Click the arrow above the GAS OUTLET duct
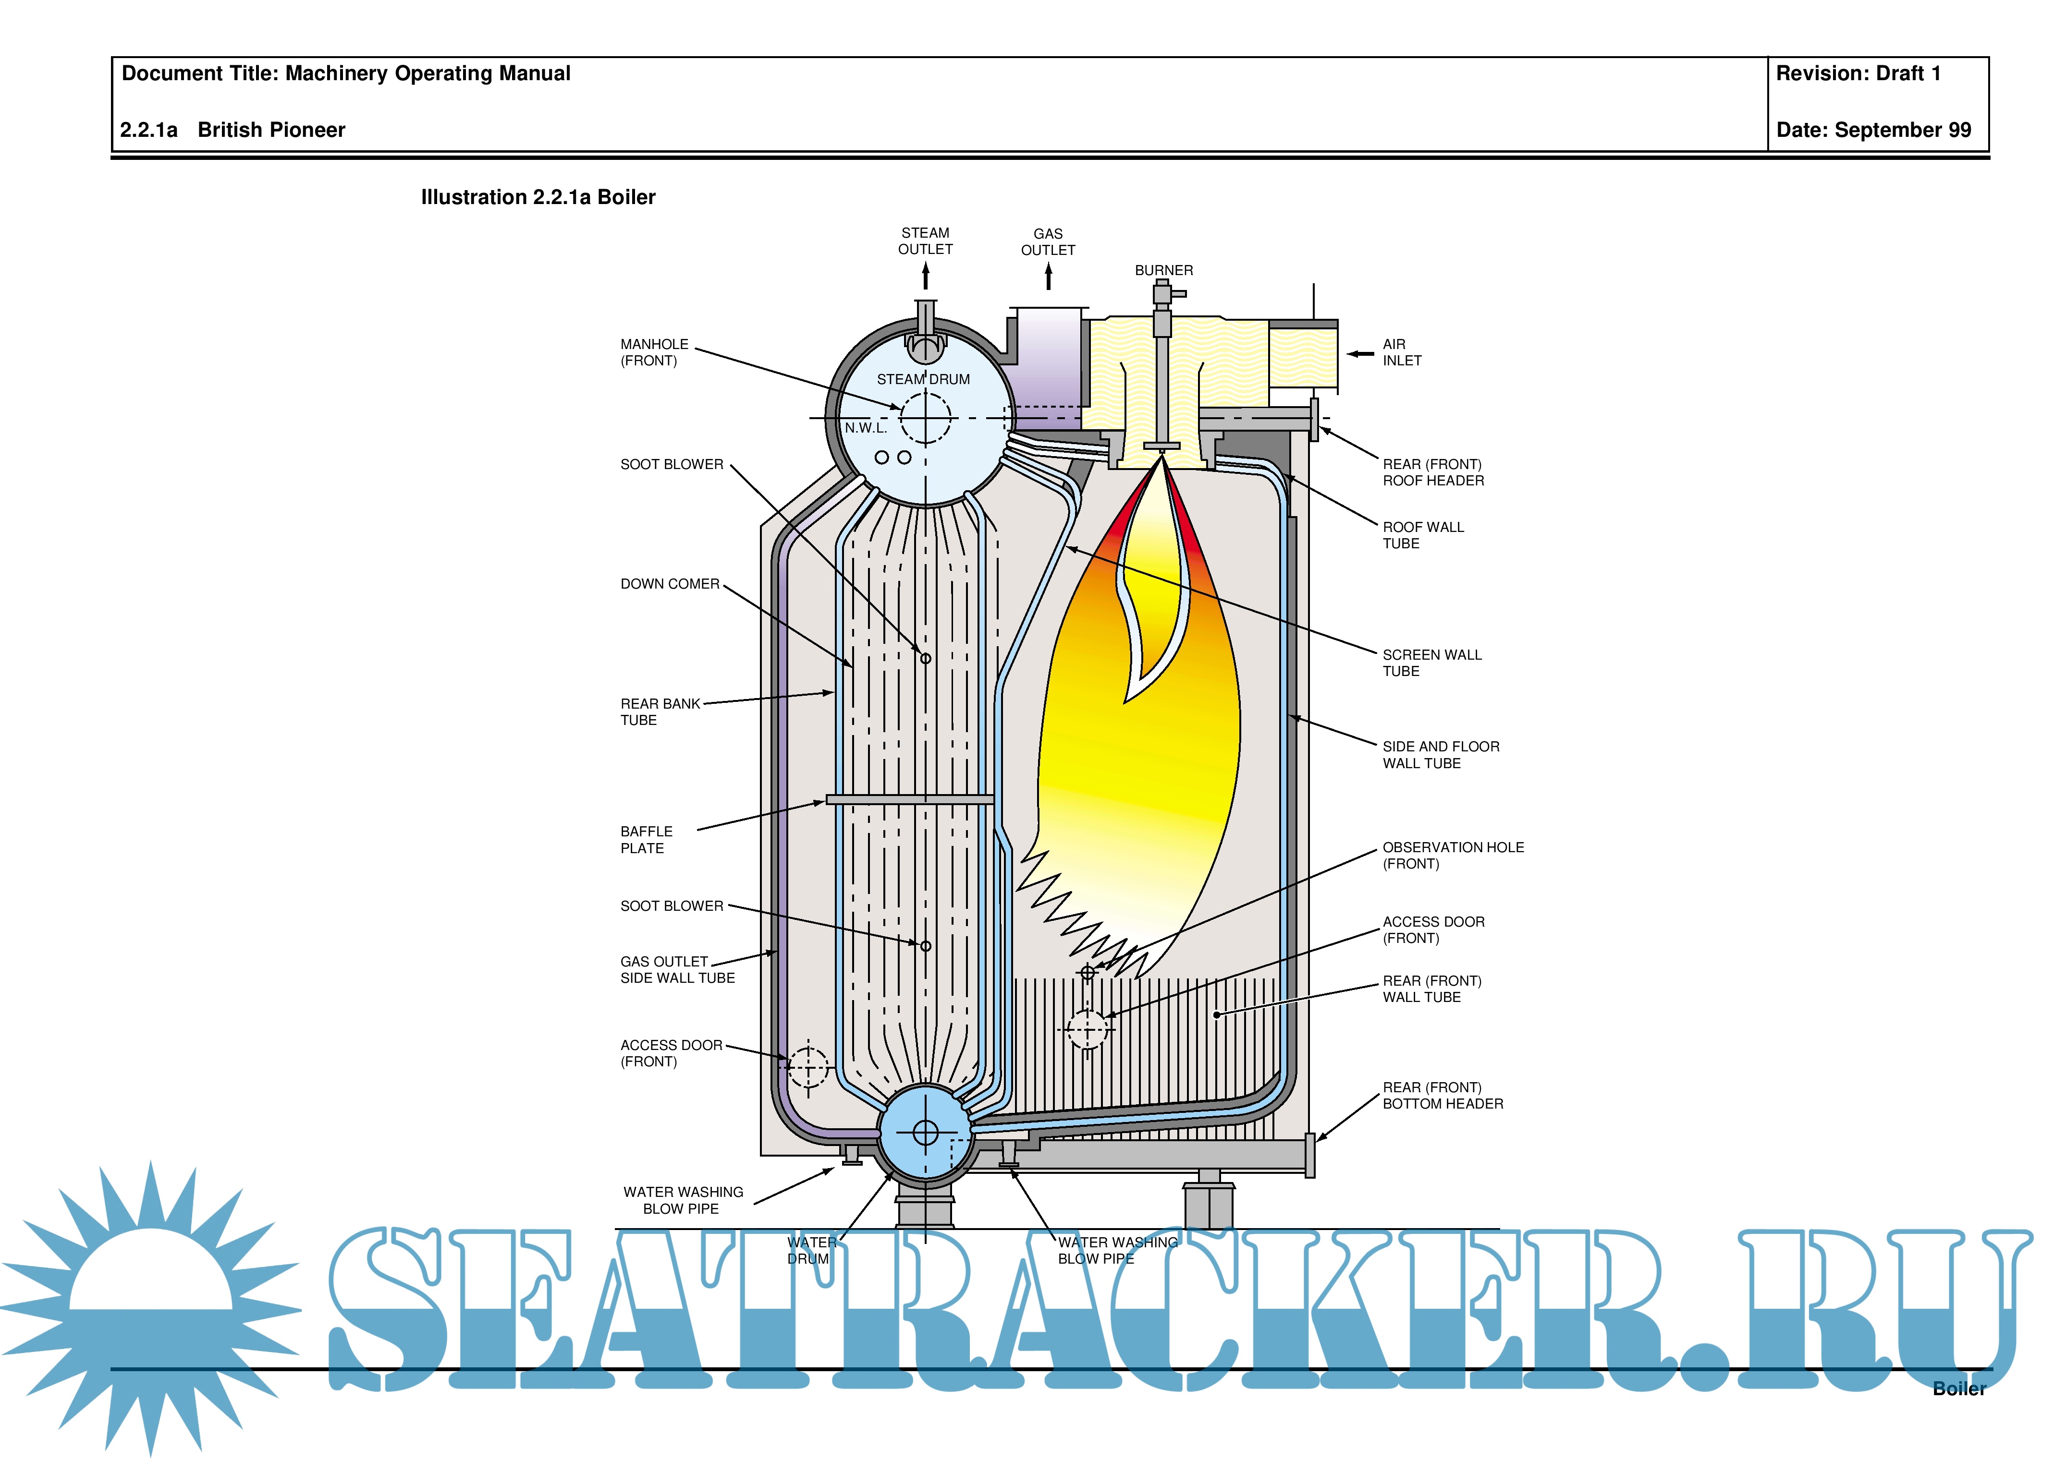pyautogui.click(x=1048, y=276)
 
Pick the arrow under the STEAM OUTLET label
pyautogui.click(x=925, y=276)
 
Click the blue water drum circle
pyautogui.click(x=925, y=1132)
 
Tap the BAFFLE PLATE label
pyautogui.click(x=646, y=839)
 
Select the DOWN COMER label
pyautogui.click(x=670, y=584)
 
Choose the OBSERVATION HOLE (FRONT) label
pyautogui.click(x=1452, y=856)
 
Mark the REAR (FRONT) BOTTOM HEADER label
pyautogui.click(x=1443, y=1096)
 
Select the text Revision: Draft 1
pyautogui.click(x=1857, y=74)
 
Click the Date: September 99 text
pyautogui.click(x=1872, y=131)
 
